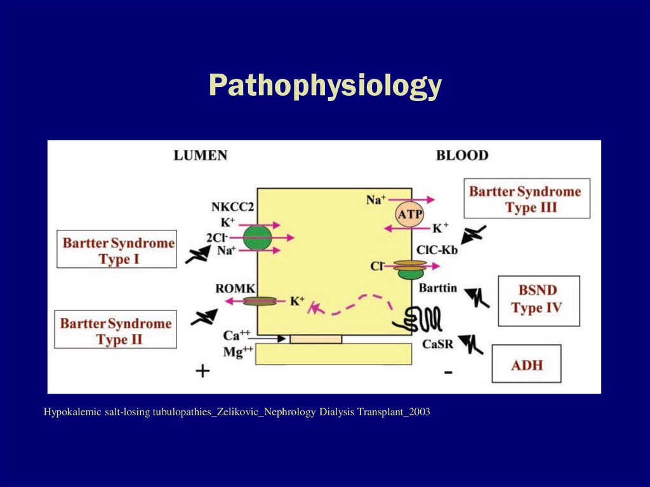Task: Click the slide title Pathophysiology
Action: (324, 86)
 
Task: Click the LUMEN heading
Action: (201, 156)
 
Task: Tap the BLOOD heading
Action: (462, 156)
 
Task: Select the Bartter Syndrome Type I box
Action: (118, 251)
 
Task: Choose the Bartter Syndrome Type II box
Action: (116, 331)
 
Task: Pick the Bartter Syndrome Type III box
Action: (525, 199)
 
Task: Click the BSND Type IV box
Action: (538, 300)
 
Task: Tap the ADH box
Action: (526, 364)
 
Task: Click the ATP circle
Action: (409, 214)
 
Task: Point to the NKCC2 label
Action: (232, 208)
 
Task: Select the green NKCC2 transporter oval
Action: (256, 238)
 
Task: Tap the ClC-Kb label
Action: (437, 250)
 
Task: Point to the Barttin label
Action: (438, 288)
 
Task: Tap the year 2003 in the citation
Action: (419, 413)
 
